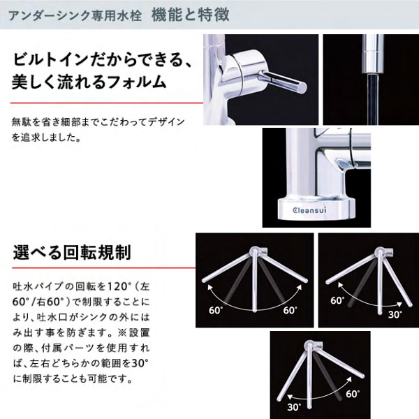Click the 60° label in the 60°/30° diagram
tap(337, 300)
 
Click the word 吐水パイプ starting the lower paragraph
tap(35, 286)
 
